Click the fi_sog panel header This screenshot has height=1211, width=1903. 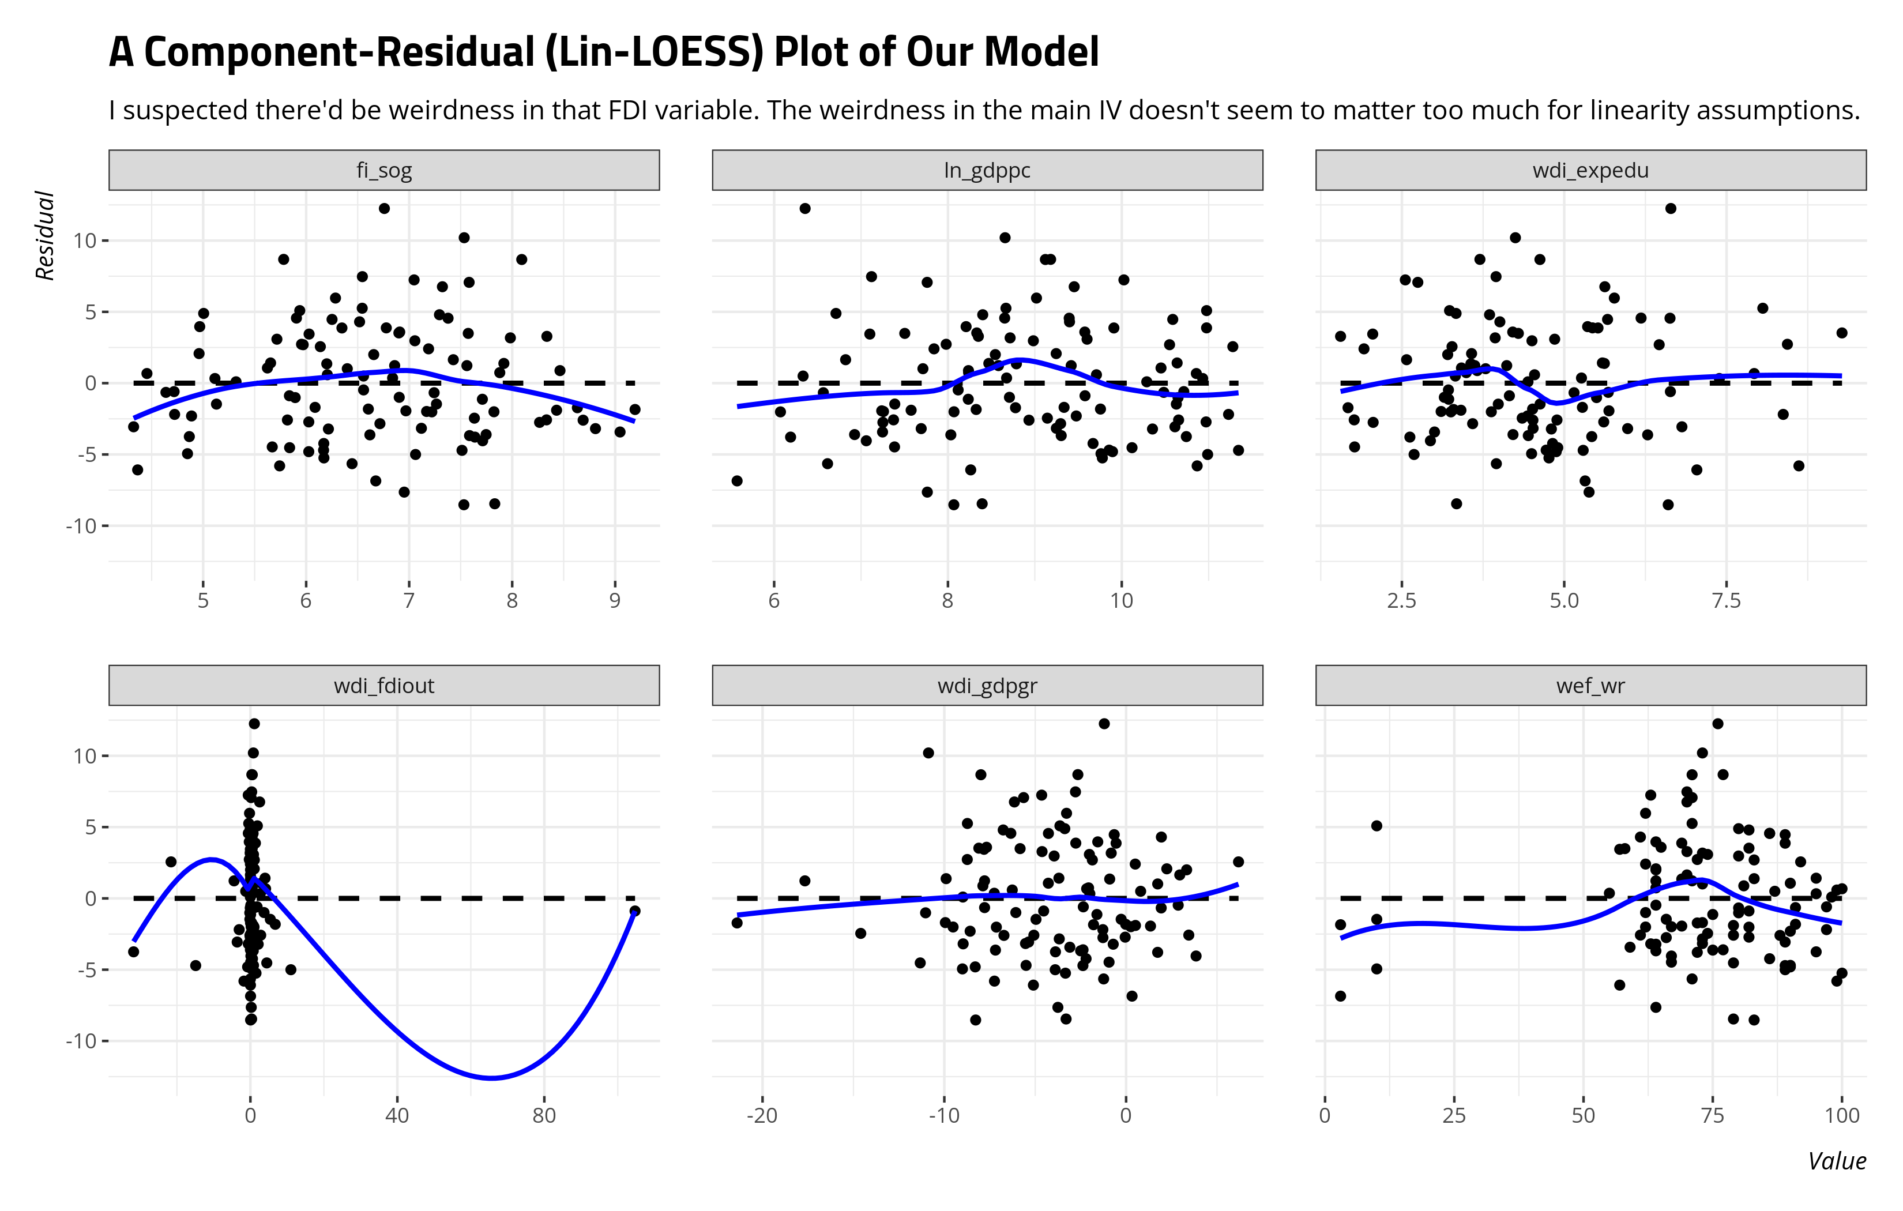coord(384,170)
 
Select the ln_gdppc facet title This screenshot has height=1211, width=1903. coord(987,170)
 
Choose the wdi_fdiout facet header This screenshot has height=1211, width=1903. coord(384,685)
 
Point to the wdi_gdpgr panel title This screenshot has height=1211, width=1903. coord(987,685)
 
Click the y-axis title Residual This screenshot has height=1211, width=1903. coord(45,235)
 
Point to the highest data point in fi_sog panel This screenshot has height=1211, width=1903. coord(384,209)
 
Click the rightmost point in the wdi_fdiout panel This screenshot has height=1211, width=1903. coord(634,911)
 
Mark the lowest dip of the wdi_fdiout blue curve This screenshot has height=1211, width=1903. coord(491,1077)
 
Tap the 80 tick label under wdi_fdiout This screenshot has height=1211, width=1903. coord(544,1115)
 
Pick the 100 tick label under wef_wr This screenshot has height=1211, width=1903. coord(1841,1115)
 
